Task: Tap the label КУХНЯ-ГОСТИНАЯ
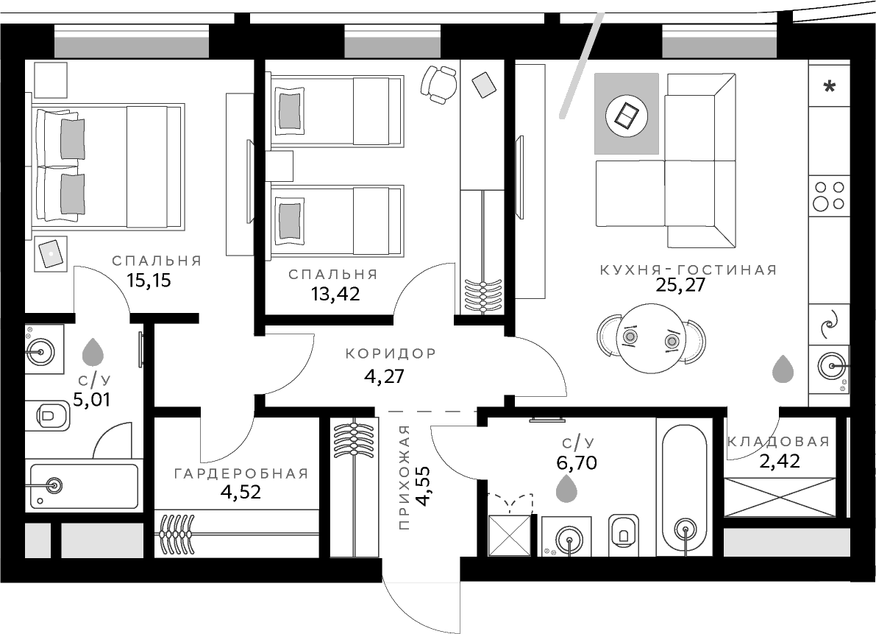click(688, 270)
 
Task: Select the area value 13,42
click(334, 294)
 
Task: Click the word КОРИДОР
click(391, 353)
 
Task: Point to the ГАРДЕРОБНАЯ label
click(241, 473)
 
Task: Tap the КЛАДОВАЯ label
click(778, 442)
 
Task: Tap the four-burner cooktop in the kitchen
click(828, 195)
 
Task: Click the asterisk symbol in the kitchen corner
click(829, 88)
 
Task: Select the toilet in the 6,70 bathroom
click(622, 531)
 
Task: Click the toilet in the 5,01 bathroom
click(49, 416)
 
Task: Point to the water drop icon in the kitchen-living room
click(783, 368)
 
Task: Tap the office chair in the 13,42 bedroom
click(440, 83)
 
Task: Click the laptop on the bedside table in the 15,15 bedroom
click(51, 253)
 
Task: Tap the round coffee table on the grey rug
click(626, 115)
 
